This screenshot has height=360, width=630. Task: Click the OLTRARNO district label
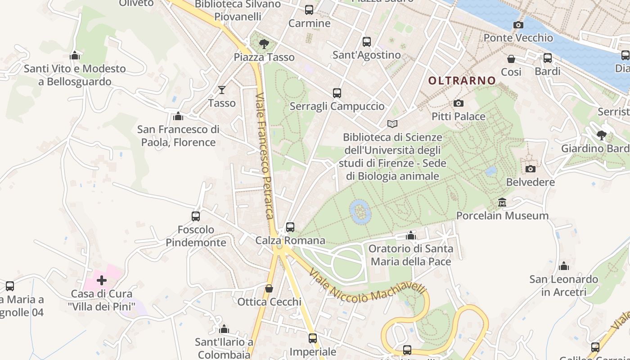tap(462, 81)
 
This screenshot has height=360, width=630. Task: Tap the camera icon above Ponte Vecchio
tap(518, 25)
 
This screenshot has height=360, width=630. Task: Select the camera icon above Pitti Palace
tap(459, 103)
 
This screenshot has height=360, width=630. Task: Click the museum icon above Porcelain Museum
tap(502, 202)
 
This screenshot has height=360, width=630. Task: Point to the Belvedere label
tap(530, 182)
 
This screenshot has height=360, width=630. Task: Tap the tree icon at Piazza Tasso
tap(264, 44)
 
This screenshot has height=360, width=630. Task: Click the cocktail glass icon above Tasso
tap(221, 90)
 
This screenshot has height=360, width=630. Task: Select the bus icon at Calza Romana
tap(290, 227)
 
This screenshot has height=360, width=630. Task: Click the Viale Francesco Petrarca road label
tap(265, 156)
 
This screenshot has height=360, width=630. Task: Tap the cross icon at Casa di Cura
tap(102, 280)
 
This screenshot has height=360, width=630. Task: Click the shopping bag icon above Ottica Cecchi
tap(269, 288)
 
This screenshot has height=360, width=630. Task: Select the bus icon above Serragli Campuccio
tap(337, 93)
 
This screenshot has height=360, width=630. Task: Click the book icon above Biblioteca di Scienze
tap(392, 124)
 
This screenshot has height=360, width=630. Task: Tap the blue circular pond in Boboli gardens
tap(360, 211)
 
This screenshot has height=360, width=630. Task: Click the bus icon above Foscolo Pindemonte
tap(196, 216)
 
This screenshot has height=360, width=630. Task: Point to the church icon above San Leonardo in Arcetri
tap(563, 266)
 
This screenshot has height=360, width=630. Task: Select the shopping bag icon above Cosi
tap(511, 59)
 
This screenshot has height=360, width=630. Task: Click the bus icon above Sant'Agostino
tap(367, 42)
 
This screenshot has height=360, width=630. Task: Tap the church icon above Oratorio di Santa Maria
tap(410, 235)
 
